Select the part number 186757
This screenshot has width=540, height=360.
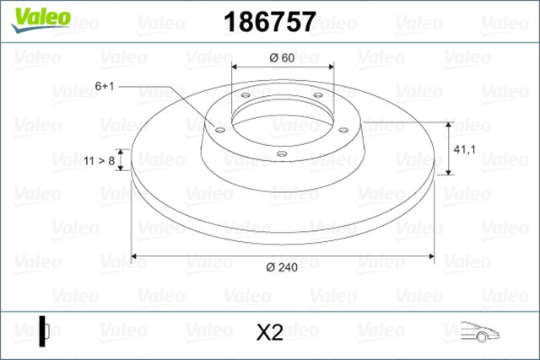[267, 21]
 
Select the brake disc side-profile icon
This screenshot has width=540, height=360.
[43, 330]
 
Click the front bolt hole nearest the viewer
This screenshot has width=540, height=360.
[281, 153]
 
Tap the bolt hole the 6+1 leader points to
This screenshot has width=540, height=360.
[220, 130]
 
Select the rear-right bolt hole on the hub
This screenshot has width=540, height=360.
[318, 95]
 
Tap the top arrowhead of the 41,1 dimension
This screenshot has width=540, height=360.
[447, 123]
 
